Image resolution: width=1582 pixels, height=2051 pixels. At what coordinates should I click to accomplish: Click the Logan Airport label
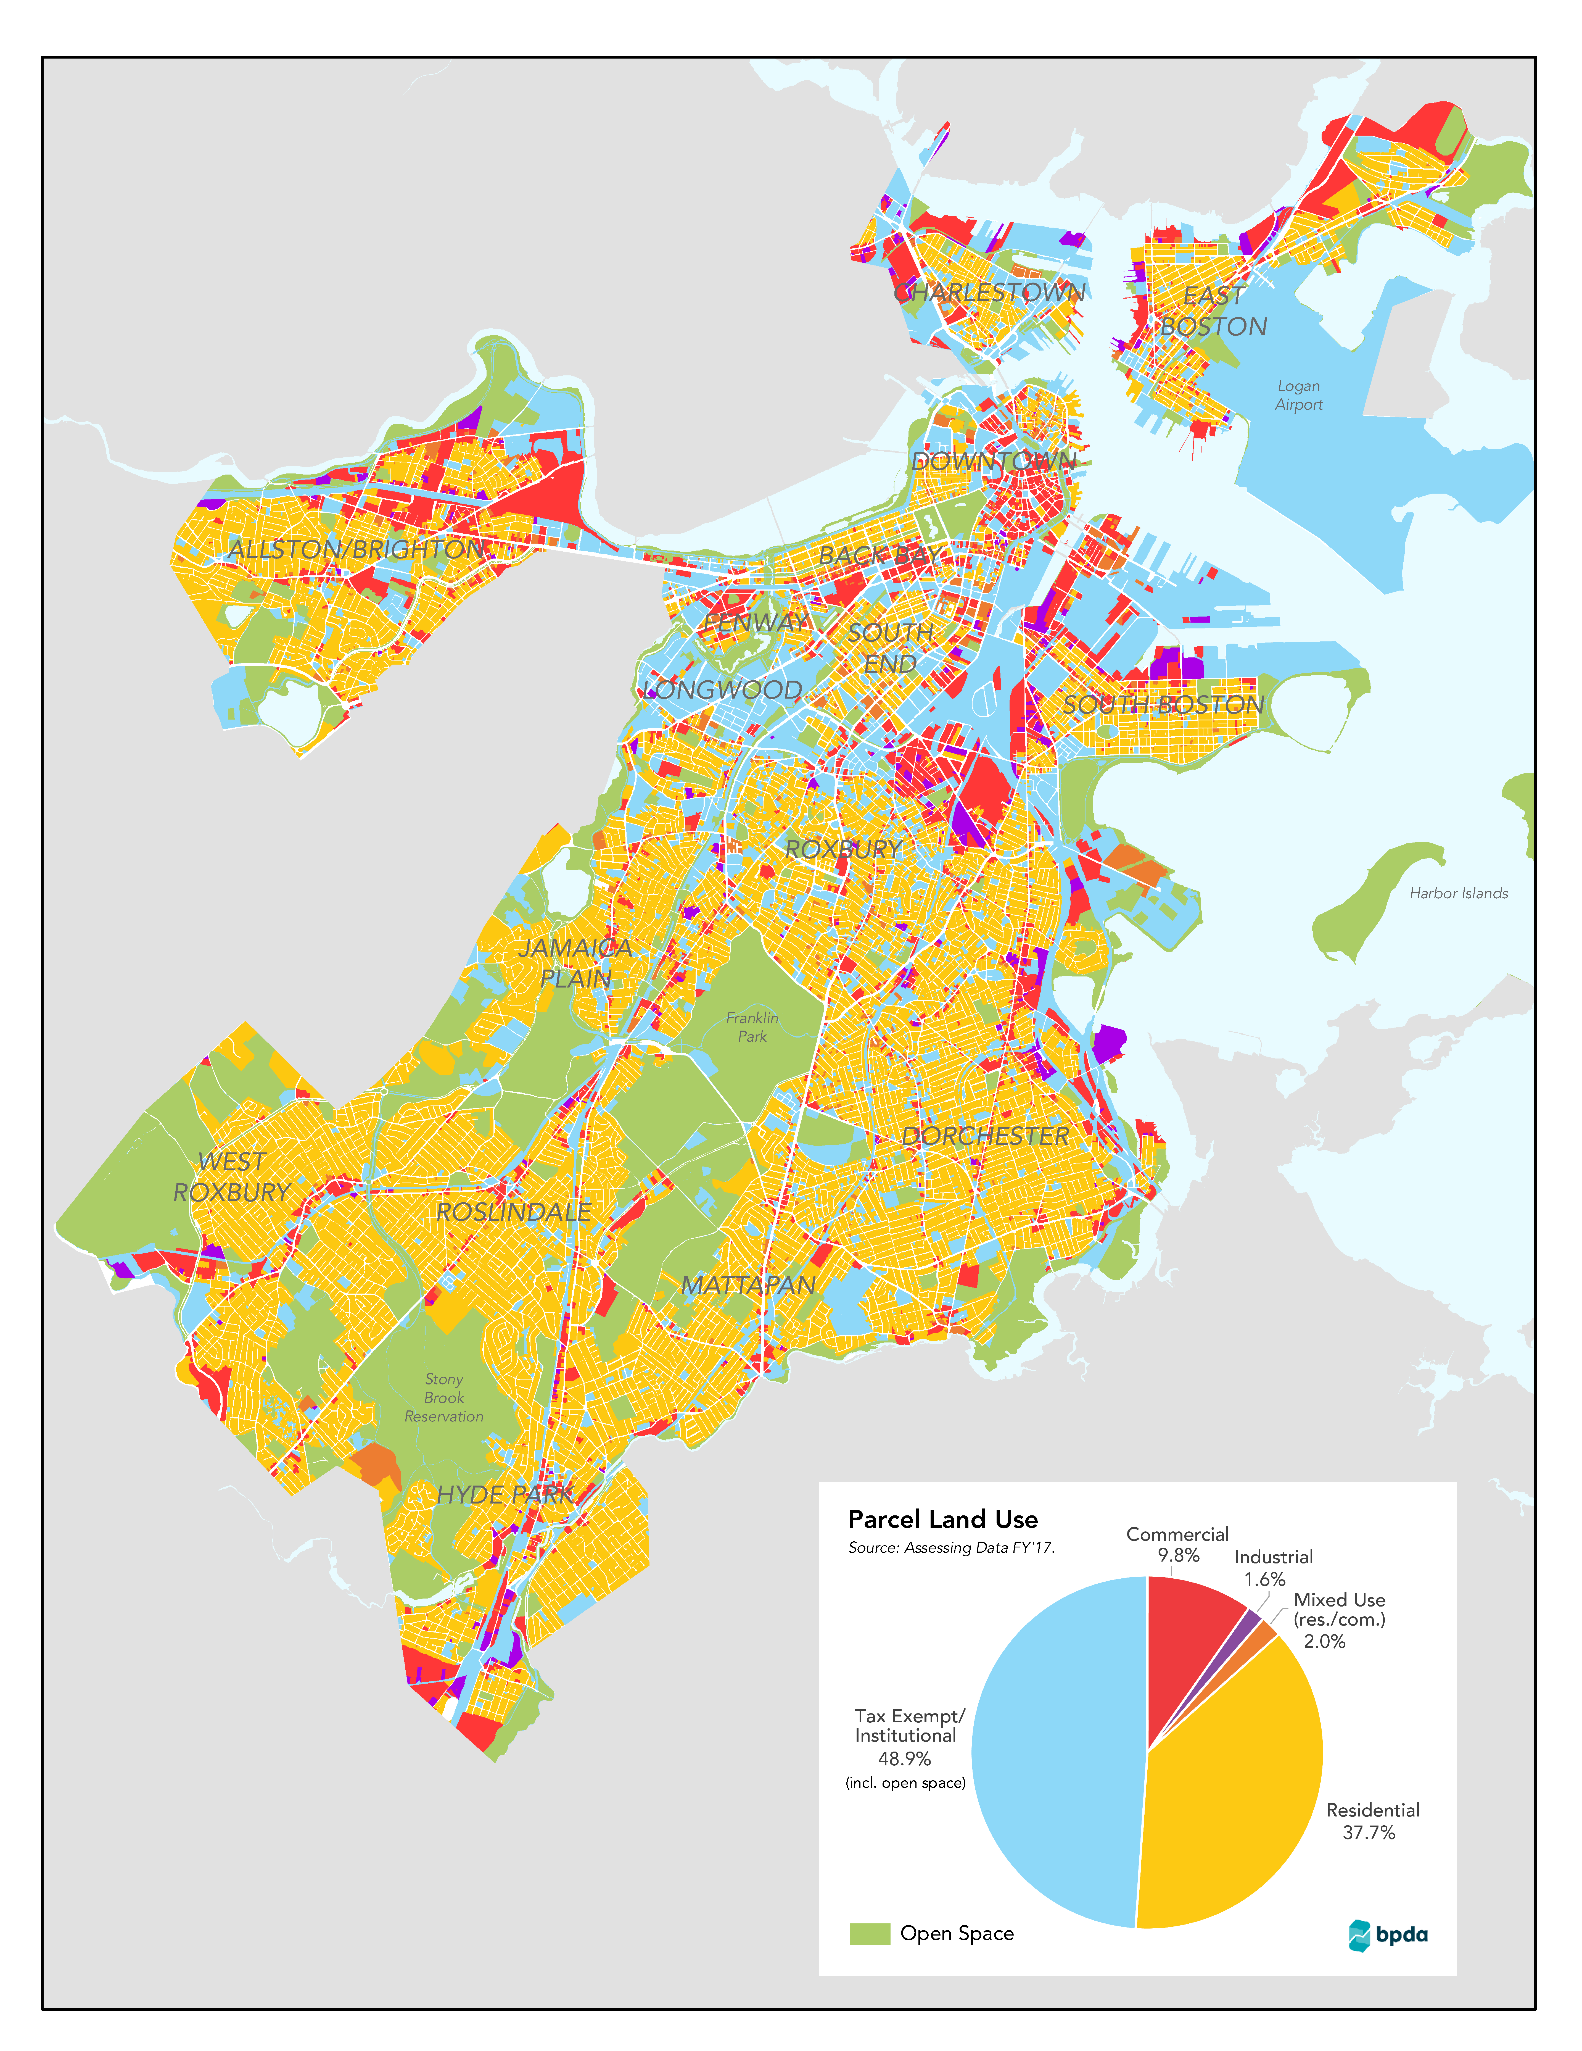pos(1298,395)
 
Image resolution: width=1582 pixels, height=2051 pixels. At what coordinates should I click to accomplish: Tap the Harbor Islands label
pos(1458,893)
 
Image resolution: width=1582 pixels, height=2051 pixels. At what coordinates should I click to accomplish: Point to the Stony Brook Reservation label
pos(444,1397)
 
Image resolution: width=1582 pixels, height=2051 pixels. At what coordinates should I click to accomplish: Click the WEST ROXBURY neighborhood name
pos(232,1177)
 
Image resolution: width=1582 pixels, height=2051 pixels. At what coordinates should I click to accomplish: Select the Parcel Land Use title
pos(943,1520)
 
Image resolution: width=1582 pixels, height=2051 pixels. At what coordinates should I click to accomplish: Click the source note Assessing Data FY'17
pos(951,1548)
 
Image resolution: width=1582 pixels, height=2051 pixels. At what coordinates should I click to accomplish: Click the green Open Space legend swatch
pos(869,1934)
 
